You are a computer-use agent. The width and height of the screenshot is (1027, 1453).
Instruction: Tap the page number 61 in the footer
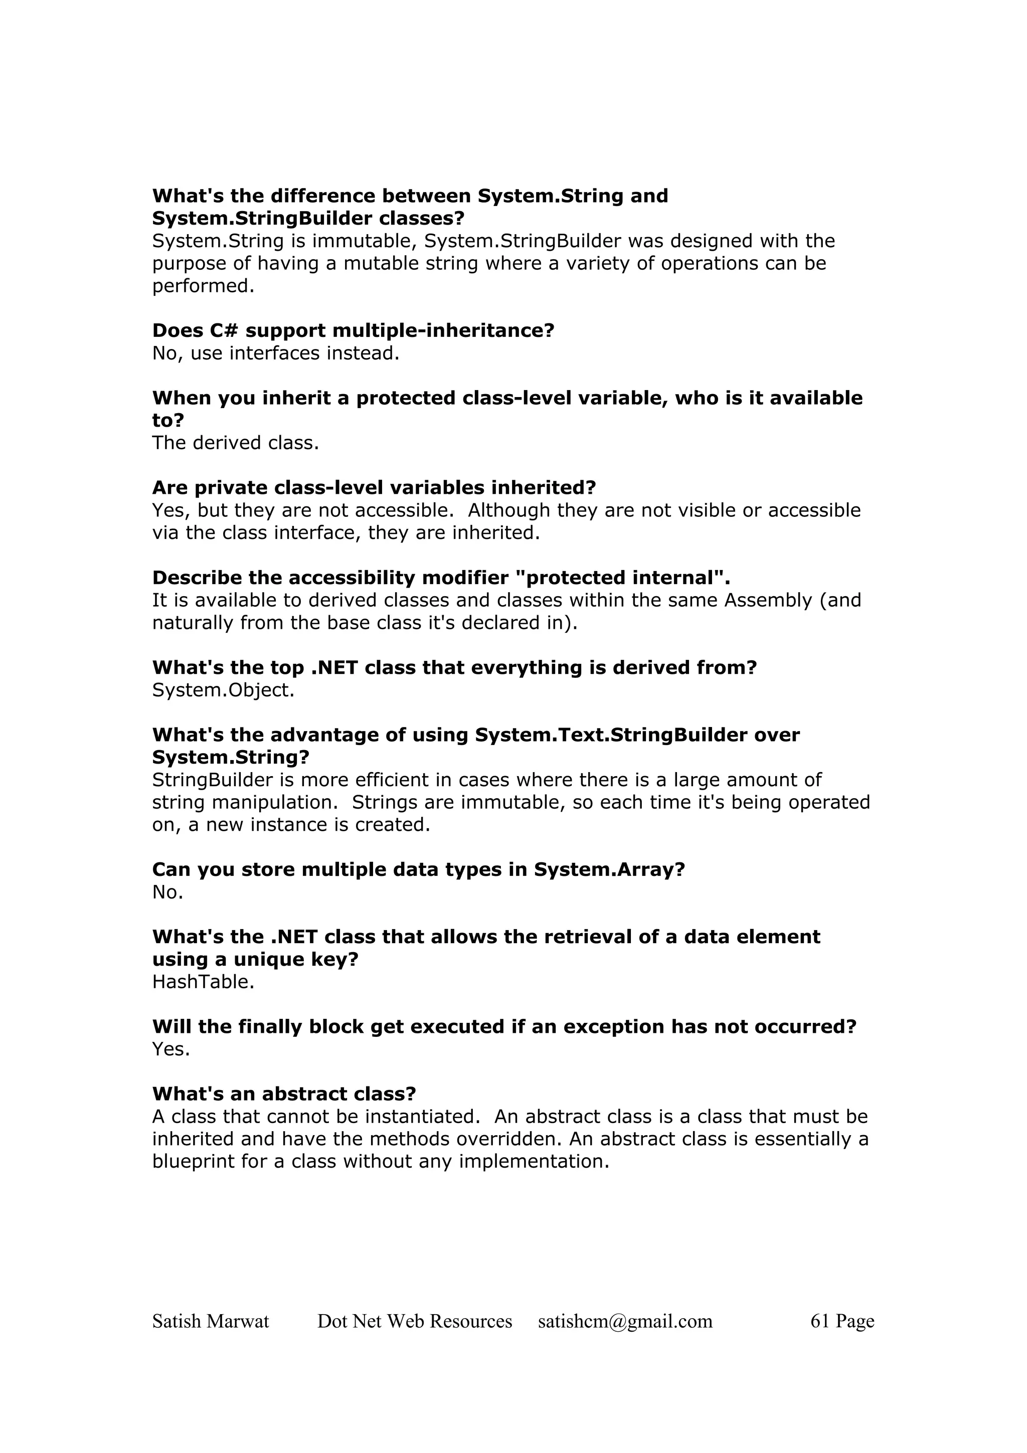[x=819, y=1321]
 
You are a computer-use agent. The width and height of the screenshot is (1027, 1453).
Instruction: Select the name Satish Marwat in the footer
[x=211, y=1321]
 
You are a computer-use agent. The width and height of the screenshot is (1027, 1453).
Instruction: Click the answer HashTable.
[x=203, y=982]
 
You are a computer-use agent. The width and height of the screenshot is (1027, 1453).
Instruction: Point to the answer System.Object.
[x=223, y=690]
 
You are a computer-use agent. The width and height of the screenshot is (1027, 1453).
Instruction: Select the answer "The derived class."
[x=235, y=443]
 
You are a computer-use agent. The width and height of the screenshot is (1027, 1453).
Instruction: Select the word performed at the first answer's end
[x=203, y=286]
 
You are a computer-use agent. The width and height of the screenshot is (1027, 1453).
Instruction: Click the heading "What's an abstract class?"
[x=284, y=1094]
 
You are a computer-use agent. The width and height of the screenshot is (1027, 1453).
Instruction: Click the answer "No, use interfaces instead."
[x=276, y=353]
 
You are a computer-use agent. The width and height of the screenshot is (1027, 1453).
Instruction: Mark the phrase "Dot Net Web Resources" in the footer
[x=415, y=1321]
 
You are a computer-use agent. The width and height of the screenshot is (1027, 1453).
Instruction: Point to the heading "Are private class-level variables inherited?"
[x=374, y=488]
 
